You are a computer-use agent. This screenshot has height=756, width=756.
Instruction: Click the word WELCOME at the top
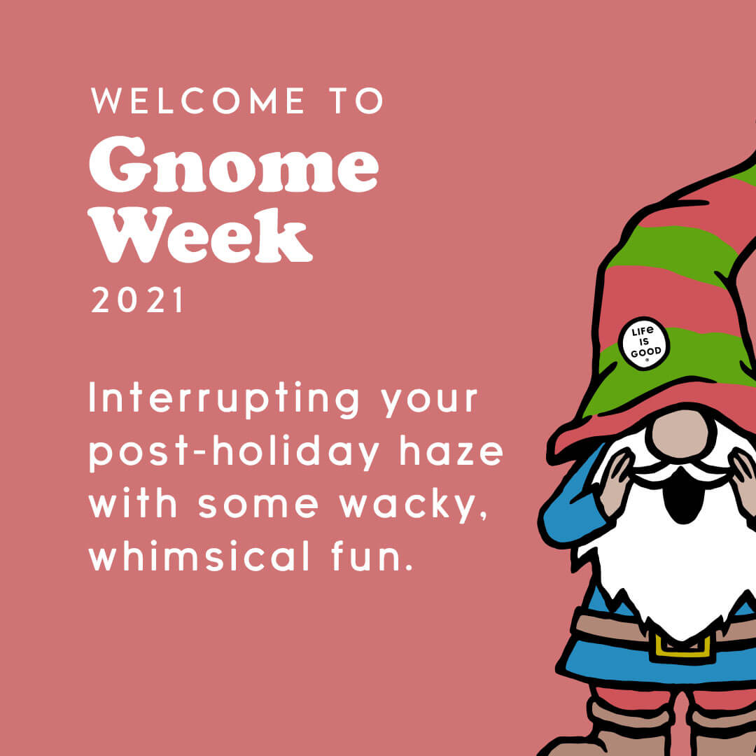tap(197, 101)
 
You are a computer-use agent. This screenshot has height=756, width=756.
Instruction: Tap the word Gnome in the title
tap(234, 164)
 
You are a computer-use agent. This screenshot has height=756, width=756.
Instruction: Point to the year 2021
tap(137, 300)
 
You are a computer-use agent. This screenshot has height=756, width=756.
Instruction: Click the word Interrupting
tap(224, 400)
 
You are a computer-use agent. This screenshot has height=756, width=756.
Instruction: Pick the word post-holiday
tap(234, 453)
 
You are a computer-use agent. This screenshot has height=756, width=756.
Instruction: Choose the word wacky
tap(413, 506)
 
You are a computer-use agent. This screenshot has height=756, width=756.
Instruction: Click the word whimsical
tap(199, 555)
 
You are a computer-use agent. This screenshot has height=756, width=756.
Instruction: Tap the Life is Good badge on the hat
tap(644, 343)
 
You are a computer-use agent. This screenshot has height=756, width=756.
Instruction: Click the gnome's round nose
tap(680, 435)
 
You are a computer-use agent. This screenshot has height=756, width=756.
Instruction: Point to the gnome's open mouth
tap(682, 496)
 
